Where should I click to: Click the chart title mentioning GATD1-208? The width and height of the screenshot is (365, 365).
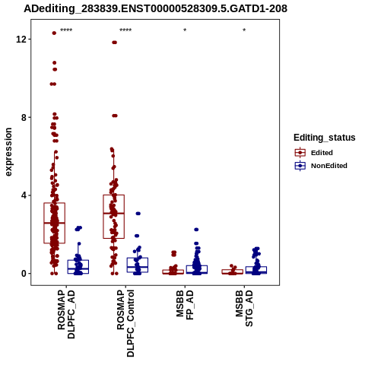(x=155, y=9)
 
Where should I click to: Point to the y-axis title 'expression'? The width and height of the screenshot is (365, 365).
(x=8, y=152)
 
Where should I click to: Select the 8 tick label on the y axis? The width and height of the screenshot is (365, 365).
(x=24, y=117)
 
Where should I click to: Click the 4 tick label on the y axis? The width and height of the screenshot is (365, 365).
(x=24, y=195)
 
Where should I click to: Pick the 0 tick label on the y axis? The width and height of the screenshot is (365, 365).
(x=24, y=274)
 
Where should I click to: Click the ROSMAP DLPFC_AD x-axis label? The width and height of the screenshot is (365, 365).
(x=66, y=314)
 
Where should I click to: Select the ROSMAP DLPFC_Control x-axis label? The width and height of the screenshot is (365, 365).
(x=125, y=323)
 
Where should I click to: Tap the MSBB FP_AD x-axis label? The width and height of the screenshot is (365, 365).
(x=185, y=305)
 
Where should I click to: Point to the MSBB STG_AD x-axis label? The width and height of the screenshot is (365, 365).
(x=244, y=308)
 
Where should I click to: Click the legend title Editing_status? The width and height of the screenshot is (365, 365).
(x=325, y=138)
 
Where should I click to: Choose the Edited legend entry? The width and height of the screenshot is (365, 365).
(x=313, y=153)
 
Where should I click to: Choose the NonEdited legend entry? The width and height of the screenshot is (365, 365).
(x=321, y=166)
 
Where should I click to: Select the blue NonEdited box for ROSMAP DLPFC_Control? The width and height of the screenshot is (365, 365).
(x=138, y=265)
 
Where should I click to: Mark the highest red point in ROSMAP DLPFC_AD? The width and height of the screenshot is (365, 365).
(x=54, y=33)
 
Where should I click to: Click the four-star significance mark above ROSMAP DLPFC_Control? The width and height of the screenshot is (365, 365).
(x=125, y=30)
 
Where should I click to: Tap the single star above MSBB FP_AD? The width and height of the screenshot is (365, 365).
(x=185, y=30)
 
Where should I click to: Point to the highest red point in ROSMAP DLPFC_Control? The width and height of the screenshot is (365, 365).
(x=115, y=43)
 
